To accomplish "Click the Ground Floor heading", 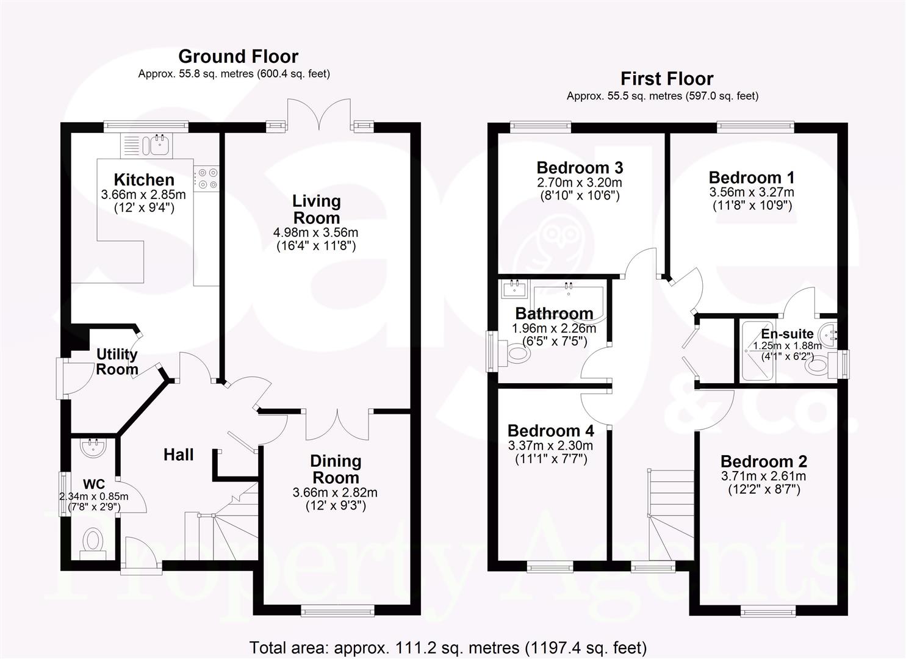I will (x=238, y=57).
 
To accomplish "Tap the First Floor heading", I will (x=667, y=79).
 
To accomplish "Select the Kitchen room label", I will (x=144, y=180).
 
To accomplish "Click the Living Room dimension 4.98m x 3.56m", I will (x=315, y=232).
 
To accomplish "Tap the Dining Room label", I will (x=336, y=469).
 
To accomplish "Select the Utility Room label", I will (x=117, y=362).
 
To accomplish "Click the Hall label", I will (x=178, y=455).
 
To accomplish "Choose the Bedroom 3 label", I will (x=580, y=168).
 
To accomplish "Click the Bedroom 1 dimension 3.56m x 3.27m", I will (x=752, y=192).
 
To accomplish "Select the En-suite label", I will (x=787, y=334).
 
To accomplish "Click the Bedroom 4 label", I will (x=550, y=431).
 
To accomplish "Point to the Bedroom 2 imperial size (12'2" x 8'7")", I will (x=764, y=489).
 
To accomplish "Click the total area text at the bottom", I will (x=448, y=647).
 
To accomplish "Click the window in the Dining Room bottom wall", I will (x=338, y=610).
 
